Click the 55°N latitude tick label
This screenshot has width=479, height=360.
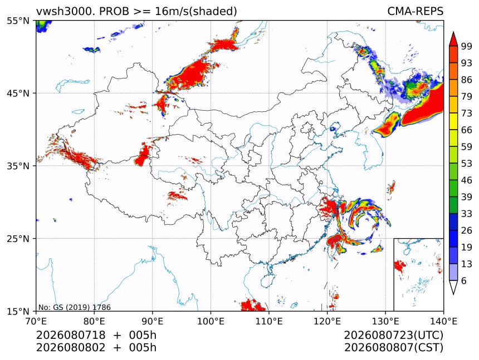pyautogui.click(x=18, y=21)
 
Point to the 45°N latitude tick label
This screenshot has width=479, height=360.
pyautogui.click(x=18, y=93)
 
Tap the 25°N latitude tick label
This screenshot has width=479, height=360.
pyautogui.click(x=18, y=238)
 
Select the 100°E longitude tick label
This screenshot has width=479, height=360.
pyautogui.click(x=211, y=321)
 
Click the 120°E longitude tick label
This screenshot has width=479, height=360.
pyautogui.click(x=327, y=321)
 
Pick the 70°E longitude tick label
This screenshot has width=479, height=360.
pyautogui.click(x=36, y=321)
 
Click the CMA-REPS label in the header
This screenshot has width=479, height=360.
pyautogui.click(x=415, y=11)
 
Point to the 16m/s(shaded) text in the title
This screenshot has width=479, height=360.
pyautogui.click(x=196, y=12)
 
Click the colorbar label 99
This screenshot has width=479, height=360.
pyautogui.click(x=467, y=46)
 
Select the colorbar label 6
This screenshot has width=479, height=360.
pyautogui.click(x=464, y=280)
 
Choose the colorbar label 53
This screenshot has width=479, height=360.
pyautogui.click(x=467, y=164)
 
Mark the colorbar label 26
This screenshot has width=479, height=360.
pyautogui.click(x=467, y=230)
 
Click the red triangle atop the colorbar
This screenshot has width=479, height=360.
pyautogui.click(x=453, y=40)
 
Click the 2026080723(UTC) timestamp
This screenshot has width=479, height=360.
pyautogui.click(x=393, y=335)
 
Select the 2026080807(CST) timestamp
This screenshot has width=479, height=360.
pyautogui.click(x=393, y=348)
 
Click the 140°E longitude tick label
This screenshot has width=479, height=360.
pyautogui.click(x=443, y=321)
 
